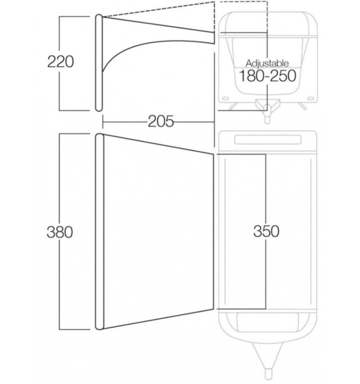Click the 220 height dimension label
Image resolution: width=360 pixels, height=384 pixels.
[60, 62]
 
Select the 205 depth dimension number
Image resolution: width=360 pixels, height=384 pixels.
[161, 121]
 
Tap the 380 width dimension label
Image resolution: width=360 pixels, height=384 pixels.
[60, 232]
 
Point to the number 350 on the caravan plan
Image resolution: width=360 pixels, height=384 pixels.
[266, 231]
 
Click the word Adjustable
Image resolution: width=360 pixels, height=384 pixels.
[267, 63]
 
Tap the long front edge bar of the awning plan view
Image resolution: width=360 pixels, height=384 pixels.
[100, 232]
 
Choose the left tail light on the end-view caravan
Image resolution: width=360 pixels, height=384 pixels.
[226, 98]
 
